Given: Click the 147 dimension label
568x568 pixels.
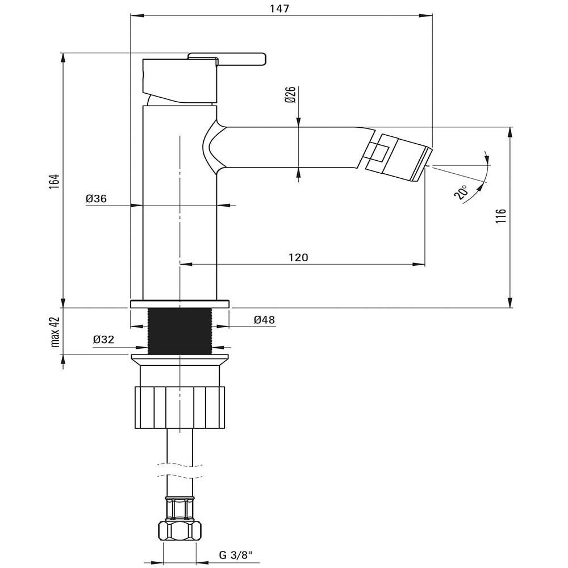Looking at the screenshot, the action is coord(279,8).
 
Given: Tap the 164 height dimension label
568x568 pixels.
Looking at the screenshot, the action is coord(55,181).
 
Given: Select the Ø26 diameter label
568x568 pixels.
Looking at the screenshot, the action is coord(290,94).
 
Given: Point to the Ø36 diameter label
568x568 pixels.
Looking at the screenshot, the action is coord(97,198).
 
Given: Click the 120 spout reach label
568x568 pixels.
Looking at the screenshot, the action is coord(298,257).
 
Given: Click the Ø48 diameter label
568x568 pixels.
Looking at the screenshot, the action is coord(265,320).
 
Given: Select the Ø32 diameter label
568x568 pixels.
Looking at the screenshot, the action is coord(103,340).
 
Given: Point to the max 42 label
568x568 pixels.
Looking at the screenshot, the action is coord(55,332).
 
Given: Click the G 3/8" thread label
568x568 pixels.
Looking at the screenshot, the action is coord(236,555).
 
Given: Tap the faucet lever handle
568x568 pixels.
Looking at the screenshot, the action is coord(227,59).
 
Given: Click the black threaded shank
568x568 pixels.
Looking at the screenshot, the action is coord(179,331).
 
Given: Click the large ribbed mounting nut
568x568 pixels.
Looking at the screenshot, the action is coord(179,407).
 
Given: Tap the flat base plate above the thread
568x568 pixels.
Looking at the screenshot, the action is coord(179,304).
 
